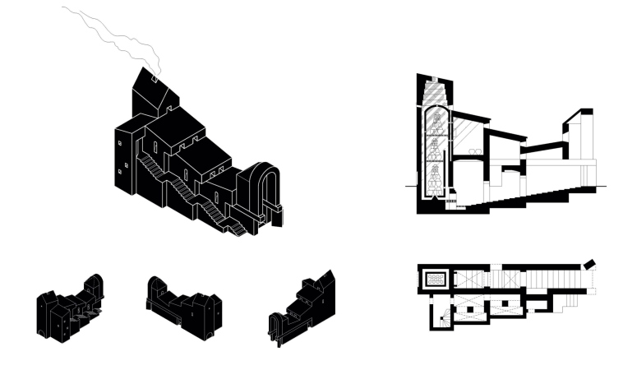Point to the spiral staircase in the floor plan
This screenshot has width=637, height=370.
click(445, 315)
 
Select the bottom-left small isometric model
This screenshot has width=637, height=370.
click(69, 308)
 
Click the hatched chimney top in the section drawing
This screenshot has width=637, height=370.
click(435, 89)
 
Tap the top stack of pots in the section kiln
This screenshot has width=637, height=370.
click(436, 123)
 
